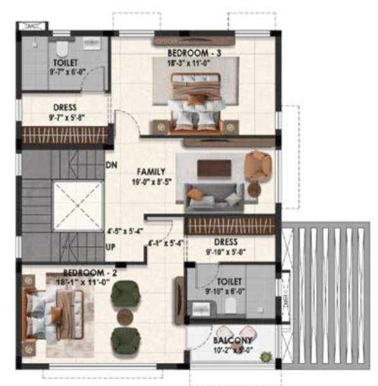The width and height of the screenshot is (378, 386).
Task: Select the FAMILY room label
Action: pyautogui.click(x=151, y=171)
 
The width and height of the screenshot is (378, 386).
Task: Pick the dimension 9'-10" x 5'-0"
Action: pyautogui.click(x=225, y=251)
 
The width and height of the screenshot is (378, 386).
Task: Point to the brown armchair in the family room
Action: pyautogui.click(x=258, y=165)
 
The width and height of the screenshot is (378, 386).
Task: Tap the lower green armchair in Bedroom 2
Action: pyautogui.click(x=124, y=340)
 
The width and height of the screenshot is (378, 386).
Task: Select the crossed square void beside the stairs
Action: pyautogui.click(x=77, y=206)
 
